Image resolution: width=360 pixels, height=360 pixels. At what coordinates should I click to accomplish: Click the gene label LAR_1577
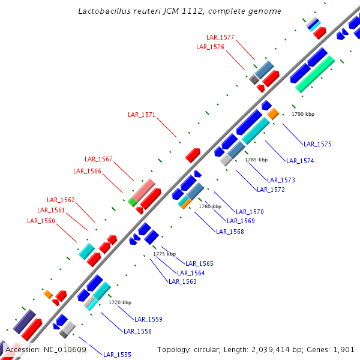click(220, 37)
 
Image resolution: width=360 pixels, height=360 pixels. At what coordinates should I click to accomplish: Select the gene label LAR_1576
click(210, 47)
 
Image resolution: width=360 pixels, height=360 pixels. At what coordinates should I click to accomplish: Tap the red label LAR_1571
click(142, 115)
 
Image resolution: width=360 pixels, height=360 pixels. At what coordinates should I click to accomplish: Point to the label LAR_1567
click(98, 159)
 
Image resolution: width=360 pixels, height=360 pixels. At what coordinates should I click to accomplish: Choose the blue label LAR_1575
click(317, 144)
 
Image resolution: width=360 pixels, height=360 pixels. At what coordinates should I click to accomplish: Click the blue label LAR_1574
click(300, 161)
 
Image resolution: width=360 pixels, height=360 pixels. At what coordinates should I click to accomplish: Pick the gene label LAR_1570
click(250, 212)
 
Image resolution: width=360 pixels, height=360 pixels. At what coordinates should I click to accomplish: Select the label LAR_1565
click(199, 263)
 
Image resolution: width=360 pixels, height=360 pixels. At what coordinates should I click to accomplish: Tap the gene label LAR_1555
click(117, 355)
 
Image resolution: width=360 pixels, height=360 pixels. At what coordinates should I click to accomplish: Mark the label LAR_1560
click(41, 221)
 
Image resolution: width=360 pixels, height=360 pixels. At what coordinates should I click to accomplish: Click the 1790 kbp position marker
click(303, 114)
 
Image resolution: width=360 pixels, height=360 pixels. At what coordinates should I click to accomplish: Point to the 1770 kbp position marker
click(119, 303)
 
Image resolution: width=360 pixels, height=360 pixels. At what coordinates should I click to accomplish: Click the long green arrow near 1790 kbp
click(315, 73)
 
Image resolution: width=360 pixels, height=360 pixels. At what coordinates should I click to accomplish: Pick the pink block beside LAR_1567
click(143, 190)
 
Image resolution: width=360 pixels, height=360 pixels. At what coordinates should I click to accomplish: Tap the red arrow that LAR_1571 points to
click(193, 155)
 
